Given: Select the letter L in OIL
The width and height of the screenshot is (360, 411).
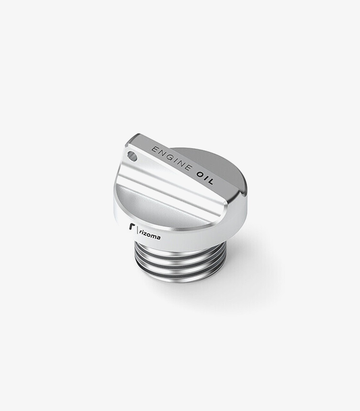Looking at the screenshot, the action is point(210,182).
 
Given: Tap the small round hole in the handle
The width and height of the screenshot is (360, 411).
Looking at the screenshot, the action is point(132,156).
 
